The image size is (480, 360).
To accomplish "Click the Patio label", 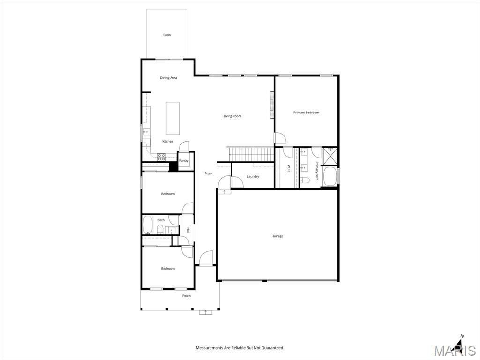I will pos(167,35).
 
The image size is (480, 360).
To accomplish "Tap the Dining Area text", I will pos(168,78).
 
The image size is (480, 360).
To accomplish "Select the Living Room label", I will pos(232,116).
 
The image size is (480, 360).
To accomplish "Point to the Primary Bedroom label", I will pos(306,112).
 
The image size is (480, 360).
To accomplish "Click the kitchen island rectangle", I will pos(172,118).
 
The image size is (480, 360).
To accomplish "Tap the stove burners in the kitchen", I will pos(161,156).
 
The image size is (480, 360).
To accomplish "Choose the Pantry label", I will pos(184,161).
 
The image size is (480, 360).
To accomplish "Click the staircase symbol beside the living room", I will pos(251,154).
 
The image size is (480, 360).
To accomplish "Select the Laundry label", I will pos(253,176).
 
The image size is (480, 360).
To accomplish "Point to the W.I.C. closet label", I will pos(289,168).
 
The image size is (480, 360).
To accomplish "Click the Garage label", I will pos(278,236).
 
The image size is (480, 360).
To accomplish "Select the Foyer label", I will pos(209,173).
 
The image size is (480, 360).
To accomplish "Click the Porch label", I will pos(187,296).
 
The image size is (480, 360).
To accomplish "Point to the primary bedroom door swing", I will pos(280,138).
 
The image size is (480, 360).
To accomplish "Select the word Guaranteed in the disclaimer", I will pos(272,348).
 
